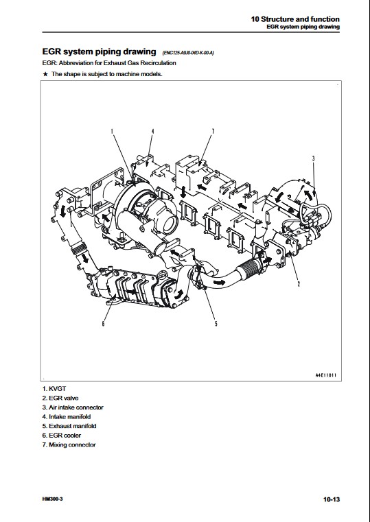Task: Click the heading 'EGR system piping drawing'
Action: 99,51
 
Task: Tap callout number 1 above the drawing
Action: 112,131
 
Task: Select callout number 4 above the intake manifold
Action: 152,131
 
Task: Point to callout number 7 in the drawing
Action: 213,131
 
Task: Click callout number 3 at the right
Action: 313,158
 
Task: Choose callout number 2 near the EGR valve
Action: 299,284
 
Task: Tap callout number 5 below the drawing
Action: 216,324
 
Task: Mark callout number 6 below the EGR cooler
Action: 103,324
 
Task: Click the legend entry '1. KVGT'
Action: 54,388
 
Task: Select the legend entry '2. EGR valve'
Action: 60,398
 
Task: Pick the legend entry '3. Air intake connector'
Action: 73,407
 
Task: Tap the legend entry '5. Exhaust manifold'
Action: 69,426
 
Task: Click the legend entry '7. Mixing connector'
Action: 69,444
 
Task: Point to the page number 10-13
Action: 332,499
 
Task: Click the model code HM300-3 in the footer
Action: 53,499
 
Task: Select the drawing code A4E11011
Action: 325,375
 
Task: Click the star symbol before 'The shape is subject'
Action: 45,74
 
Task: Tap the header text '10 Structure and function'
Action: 295,19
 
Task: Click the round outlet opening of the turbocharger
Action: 170,224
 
